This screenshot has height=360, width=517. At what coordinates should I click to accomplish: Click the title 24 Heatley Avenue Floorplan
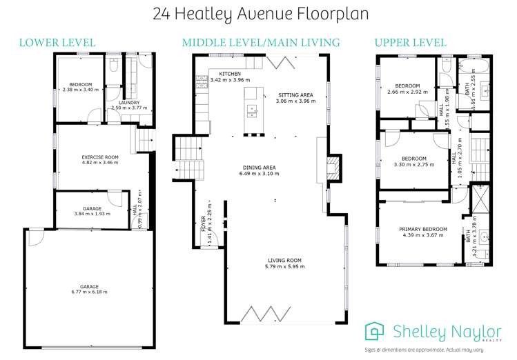point(259,13)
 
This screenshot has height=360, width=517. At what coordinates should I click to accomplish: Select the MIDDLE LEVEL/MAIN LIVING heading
point(260,43)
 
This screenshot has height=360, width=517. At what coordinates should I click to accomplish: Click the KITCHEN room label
point(230,74)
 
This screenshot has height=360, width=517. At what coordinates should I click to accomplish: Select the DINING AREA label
point(260,167)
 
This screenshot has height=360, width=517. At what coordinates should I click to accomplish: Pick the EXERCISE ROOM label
point(101,157)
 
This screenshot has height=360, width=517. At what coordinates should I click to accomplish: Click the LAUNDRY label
point(129,102)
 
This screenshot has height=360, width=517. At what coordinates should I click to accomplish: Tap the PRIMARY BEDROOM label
point(423,229)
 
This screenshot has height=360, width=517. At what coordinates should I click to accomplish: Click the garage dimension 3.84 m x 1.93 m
point(92,214)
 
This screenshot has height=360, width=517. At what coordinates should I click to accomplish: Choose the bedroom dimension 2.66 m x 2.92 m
point(409,92)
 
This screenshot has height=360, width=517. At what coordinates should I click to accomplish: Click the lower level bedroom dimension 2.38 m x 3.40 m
point(80,90)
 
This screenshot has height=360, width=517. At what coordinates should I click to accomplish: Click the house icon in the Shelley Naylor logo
point(375,331)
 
